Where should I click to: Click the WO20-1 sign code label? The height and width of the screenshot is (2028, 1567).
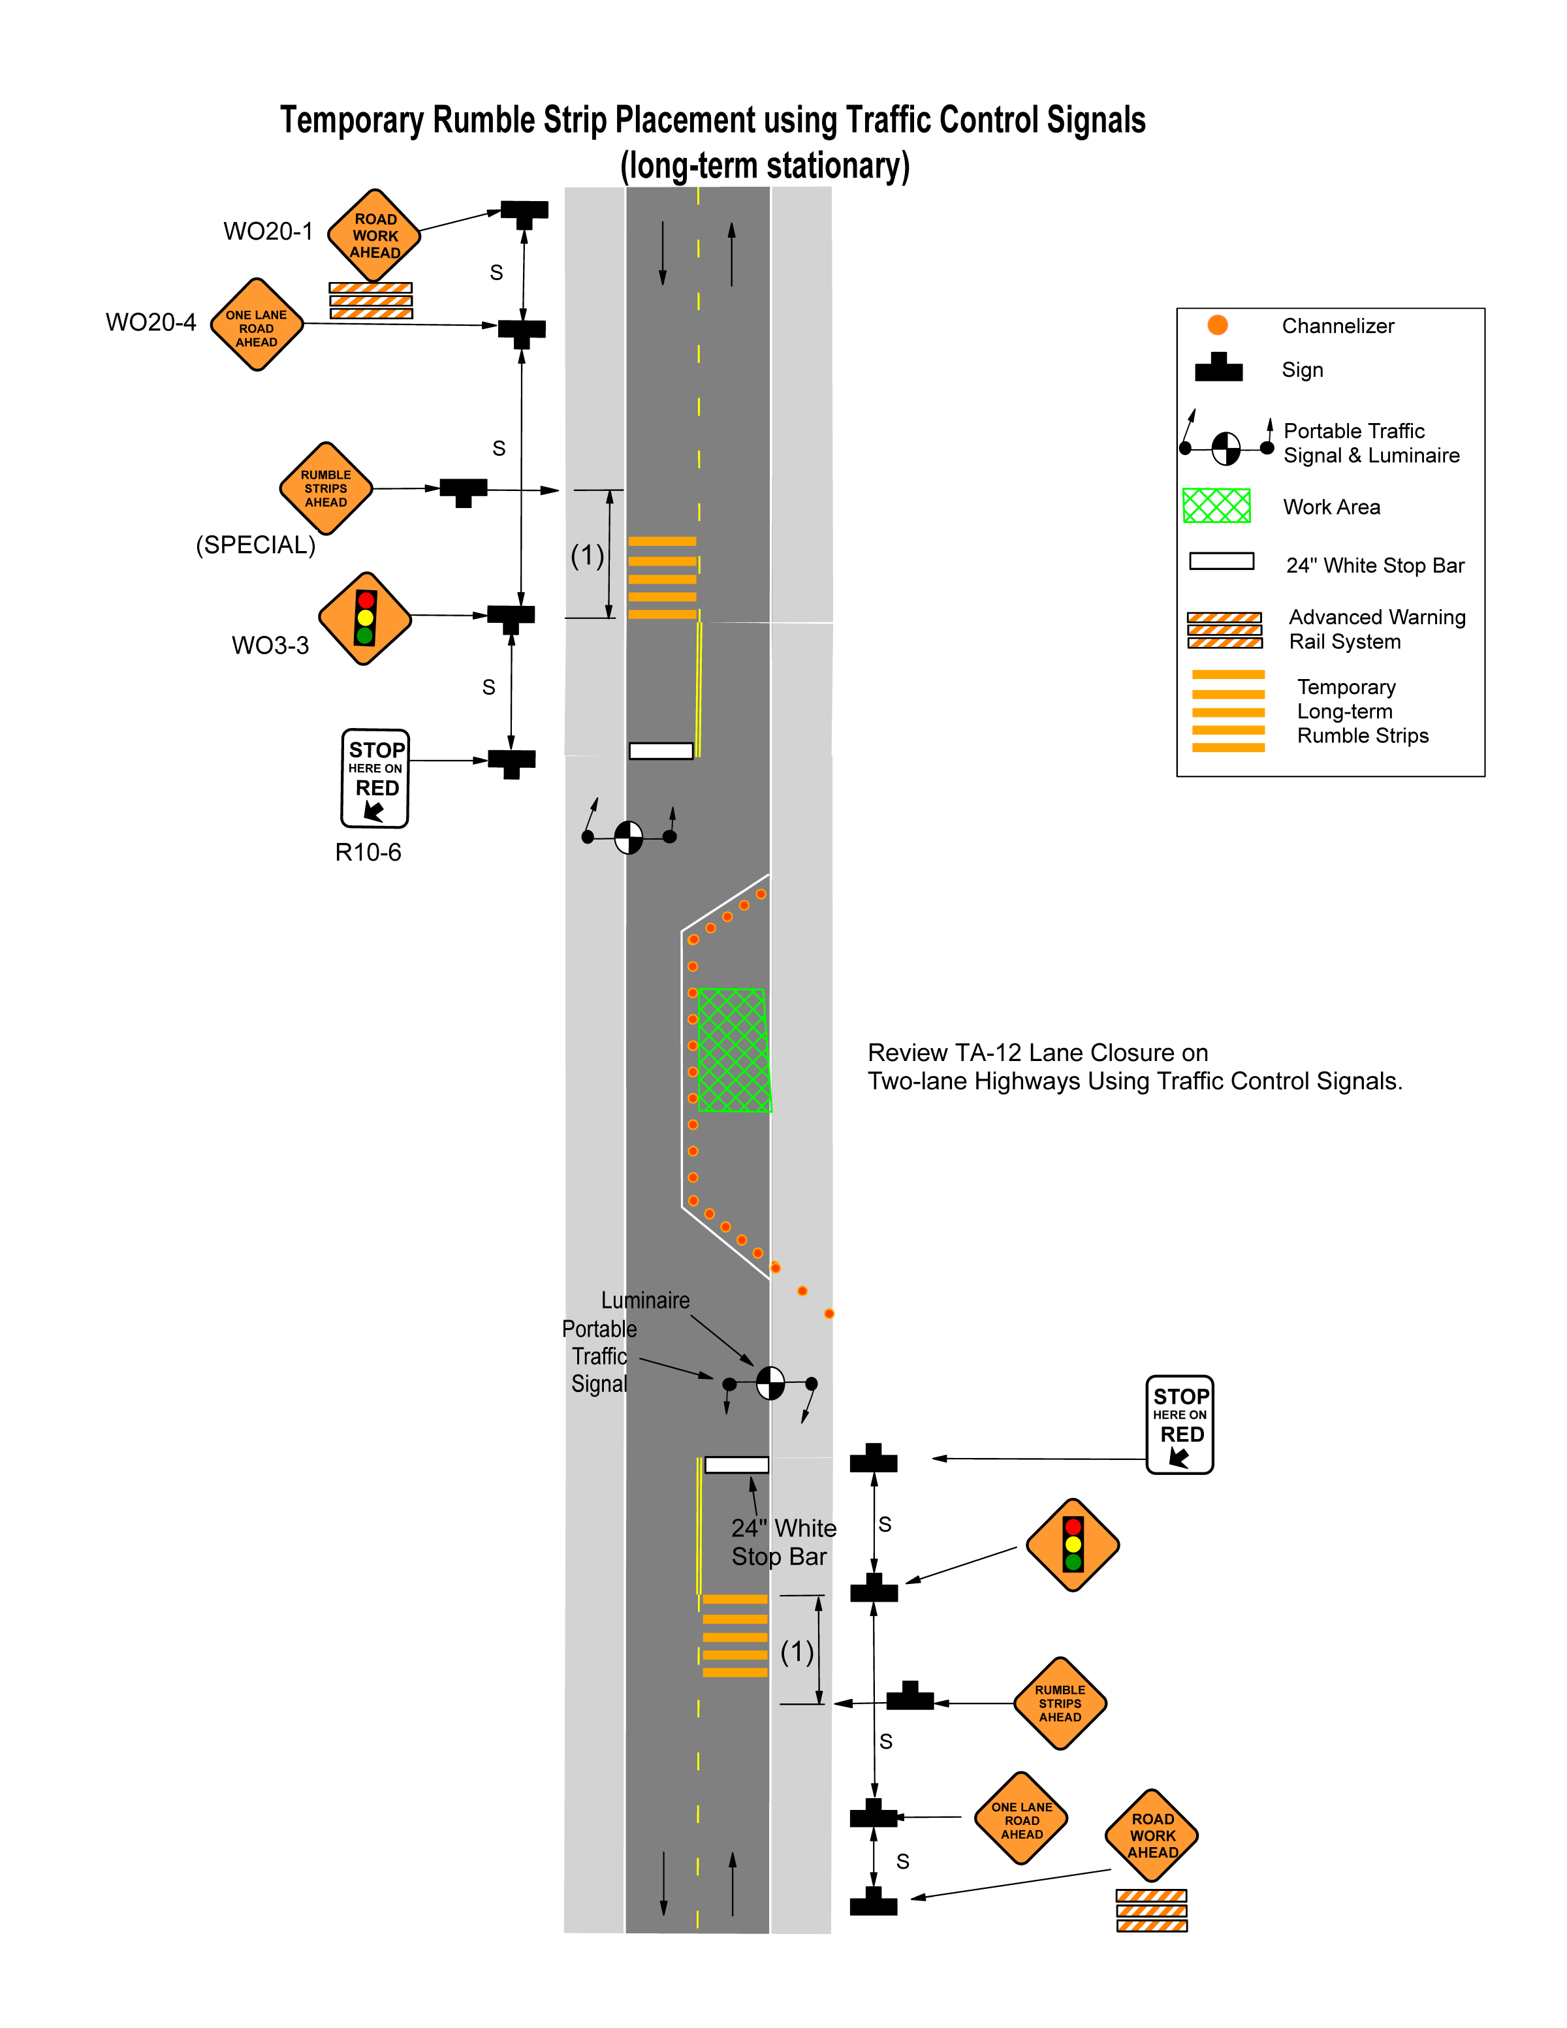[268, 231]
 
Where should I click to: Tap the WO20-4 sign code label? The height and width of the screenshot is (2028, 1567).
[151, 322]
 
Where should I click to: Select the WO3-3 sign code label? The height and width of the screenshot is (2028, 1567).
[270, 645]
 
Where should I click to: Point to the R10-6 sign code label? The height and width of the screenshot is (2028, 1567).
[368, 853]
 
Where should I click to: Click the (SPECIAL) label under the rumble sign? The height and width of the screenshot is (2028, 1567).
[255, 545]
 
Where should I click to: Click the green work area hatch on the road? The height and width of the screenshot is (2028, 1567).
[733, 1050]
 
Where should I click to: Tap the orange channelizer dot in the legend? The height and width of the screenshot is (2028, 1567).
[1218, 325]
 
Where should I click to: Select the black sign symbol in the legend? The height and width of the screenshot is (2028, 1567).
[1219, 368]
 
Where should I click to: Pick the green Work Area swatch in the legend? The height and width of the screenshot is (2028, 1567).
[1217, 506]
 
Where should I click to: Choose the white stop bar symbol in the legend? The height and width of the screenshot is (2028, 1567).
[1222, 562]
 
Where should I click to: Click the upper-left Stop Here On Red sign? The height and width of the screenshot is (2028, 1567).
[375, 778]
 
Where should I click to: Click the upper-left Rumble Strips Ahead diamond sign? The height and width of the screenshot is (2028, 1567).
[326, 488]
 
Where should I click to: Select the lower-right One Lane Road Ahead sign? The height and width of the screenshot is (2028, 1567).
[1021, 1819]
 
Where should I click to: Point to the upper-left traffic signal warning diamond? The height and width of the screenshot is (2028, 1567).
[365, 618]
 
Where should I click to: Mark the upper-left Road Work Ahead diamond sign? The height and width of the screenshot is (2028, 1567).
[374, 236]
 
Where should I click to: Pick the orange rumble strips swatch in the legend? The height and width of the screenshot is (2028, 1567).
[1228, 710]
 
